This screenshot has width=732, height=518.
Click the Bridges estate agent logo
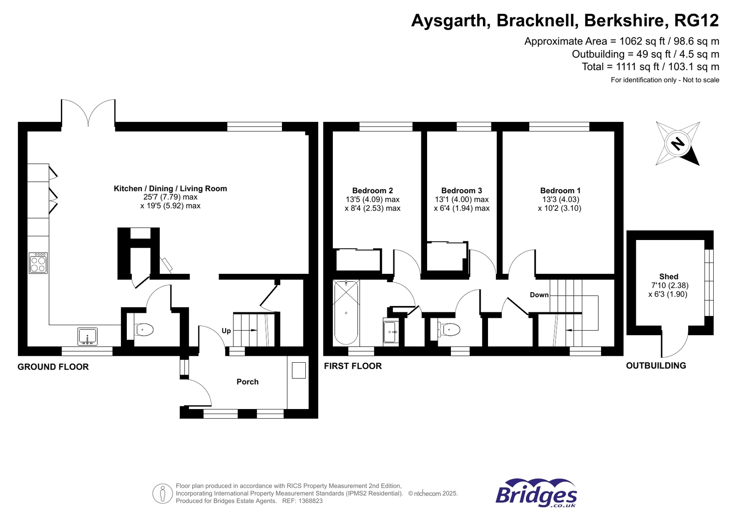[536, 493]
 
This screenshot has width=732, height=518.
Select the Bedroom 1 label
[560, 191]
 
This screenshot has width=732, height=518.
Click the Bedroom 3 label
[461, 191]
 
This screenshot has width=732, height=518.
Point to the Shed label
[668, 276]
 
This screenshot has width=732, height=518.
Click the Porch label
[247, 382]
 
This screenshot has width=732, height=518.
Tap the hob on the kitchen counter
[38, 263]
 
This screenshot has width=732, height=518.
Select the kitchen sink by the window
[87, 337]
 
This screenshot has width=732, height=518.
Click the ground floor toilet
[144, 329]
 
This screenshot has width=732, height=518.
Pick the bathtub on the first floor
[346, 312]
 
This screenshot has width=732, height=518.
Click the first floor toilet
[450, 329]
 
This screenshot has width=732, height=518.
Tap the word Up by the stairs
[226, 331]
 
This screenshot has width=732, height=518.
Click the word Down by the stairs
[539, 294]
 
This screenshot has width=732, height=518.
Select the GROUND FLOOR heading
[53, 367]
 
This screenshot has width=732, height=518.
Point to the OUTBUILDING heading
[656, 365]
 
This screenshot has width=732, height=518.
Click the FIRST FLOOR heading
[352, 366]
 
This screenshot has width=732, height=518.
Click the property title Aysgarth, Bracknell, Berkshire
[564, 21]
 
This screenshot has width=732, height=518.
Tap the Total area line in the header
[650, 67]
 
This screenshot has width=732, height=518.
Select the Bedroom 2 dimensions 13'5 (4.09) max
[372, 200]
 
